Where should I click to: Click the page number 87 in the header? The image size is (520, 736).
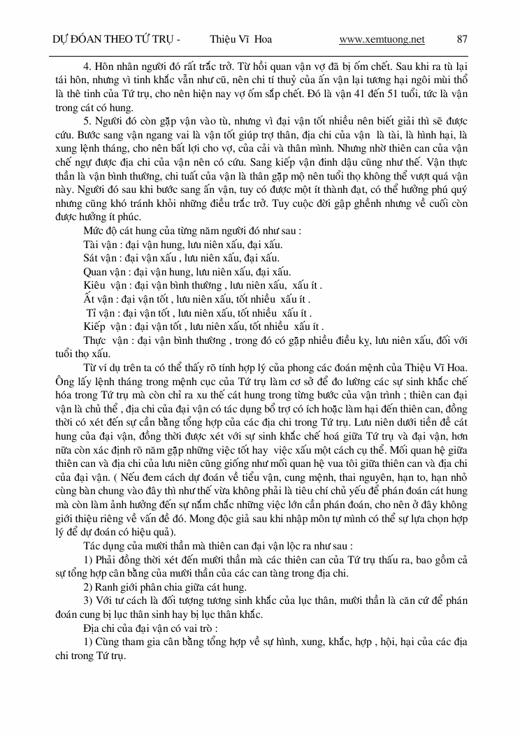tap(461, 39)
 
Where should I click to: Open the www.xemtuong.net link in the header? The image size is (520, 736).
tap(382, 39)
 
